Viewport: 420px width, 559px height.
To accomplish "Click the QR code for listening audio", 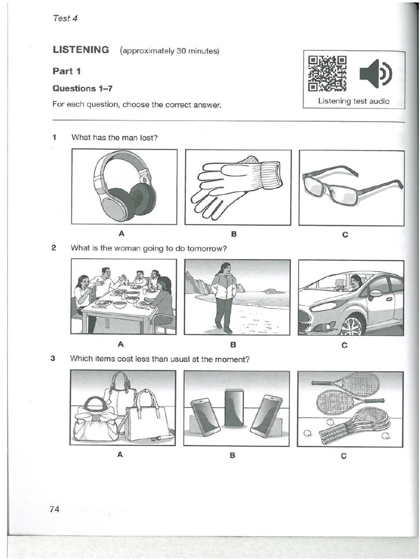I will point(327,73).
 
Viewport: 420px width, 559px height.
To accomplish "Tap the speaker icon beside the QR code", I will point(375,74).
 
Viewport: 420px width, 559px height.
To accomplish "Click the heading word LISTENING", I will point(81,50).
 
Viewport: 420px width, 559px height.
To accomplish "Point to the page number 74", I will point(54,509).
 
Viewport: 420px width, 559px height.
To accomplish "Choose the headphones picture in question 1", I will point(124,186).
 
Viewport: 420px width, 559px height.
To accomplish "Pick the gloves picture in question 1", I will point(236,186).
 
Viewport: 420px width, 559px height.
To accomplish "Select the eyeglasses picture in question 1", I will point(351,186).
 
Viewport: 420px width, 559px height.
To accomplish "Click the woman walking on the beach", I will point(224,297).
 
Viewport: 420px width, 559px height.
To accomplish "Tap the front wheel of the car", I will point(351,325).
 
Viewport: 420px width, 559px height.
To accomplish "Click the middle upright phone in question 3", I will point(234,408).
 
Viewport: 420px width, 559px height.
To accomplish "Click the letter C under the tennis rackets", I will point(343,456).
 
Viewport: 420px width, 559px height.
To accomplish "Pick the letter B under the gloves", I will point(234,235).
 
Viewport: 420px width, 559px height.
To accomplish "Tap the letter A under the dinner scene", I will point(120,344).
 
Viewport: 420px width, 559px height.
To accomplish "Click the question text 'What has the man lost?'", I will point(114,138).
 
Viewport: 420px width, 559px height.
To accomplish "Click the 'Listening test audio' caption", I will point(354,101).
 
